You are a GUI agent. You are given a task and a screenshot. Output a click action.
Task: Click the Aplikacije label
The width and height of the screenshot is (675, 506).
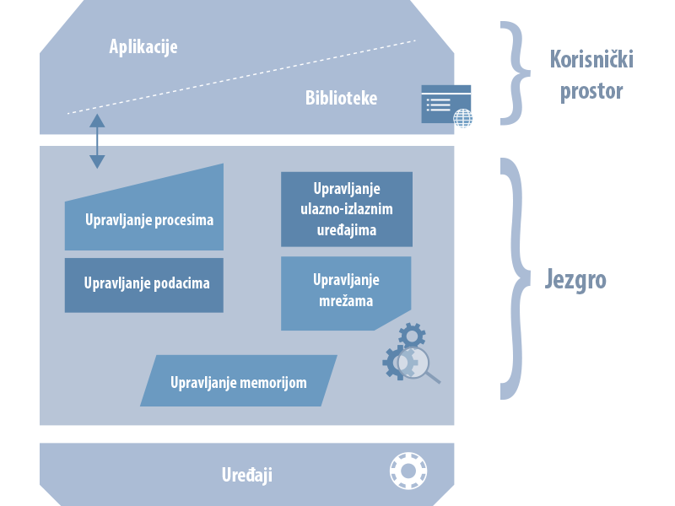[x=143, y=46]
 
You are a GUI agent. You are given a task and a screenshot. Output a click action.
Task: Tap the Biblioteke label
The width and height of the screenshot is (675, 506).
[x=341, y=98]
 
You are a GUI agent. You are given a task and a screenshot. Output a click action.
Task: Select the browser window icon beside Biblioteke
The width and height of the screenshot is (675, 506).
[x=445, y=103]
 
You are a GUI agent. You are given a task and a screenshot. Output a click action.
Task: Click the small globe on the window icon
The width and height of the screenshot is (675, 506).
[x=462, y=118]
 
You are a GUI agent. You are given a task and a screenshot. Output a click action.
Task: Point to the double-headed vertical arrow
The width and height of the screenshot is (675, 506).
[x=97, y=141]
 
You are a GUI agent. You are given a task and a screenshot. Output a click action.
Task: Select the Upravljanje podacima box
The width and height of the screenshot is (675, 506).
[x=144, y=285]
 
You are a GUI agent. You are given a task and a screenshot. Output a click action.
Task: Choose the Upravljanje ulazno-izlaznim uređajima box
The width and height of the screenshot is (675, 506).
[x=346, y=209]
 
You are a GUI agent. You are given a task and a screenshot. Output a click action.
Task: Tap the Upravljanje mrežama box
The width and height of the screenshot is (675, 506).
[x=345, y=291]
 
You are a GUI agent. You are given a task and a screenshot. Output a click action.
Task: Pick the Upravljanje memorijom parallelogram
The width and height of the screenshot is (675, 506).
[x=239, y=381]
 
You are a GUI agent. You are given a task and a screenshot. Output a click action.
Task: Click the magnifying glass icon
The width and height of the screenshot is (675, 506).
[x=418, y=364]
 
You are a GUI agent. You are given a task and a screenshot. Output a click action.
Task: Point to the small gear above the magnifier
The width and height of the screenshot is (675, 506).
[x=412, y=335]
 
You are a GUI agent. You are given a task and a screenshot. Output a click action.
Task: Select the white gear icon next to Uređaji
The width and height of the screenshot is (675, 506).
[x=408, y=470]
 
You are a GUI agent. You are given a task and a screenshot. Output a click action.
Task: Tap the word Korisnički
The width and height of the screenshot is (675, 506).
[x=591, y=59]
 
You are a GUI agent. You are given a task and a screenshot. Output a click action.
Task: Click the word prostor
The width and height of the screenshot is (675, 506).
[x=591, y=89]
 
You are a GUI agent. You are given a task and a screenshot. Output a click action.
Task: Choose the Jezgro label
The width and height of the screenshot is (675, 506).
[x=575, y=279]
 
